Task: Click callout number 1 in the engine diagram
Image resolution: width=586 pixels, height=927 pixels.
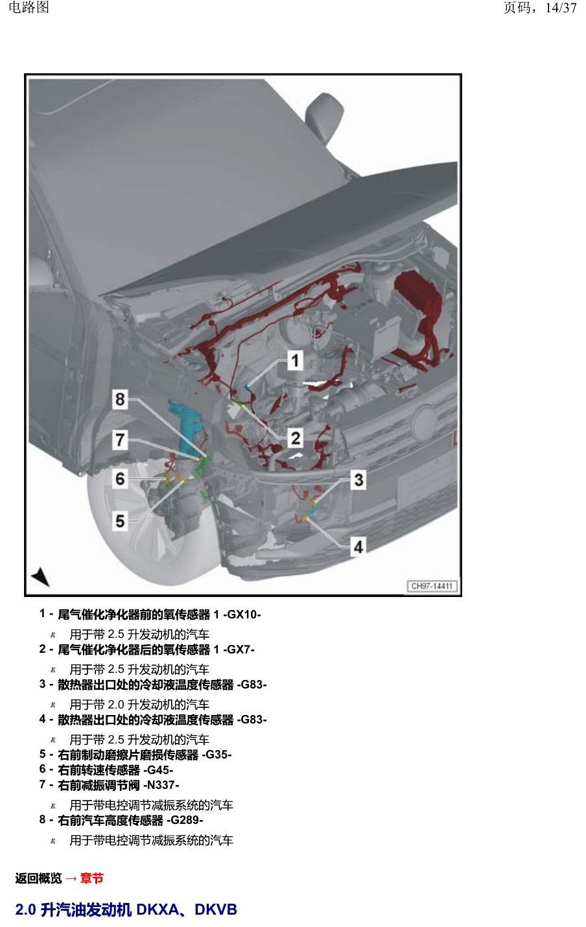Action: point(295,360)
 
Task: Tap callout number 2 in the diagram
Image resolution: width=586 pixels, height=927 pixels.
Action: point(296,438)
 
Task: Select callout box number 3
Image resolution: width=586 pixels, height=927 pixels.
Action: point(358,480)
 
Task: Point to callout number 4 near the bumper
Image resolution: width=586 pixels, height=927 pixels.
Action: point(358,547)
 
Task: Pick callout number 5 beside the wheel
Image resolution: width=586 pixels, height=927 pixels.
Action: point(120,521)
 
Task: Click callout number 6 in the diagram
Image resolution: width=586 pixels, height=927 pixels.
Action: point(120,479)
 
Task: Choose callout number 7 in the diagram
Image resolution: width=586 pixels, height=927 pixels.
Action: point(120,440)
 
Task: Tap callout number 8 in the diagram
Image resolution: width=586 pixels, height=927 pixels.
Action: point(120,399)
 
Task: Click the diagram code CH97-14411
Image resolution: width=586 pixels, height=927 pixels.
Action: point(432,586)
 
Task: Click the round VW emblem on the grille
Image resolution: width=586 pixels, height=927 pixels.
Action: point(425,423)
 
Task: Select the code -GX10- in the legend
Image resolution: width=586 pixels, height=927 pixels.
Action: point(242,615)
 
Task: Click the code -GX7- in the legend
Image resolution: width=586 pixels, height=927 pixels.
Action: point(239,650)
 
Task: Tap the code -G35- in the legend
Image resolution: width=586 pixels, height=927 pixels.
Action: point(217,755)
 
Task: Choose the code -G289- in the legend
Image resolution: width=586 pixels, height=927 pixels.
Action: point(185,820)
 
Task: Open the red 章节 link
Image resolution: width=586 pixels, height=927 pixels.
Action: point(91,878)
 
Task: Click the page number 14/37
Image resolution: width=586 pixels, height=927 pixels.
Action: point(561,7)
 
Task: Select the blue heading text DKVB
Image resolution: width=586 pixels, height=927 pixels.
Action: point(216,909)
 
